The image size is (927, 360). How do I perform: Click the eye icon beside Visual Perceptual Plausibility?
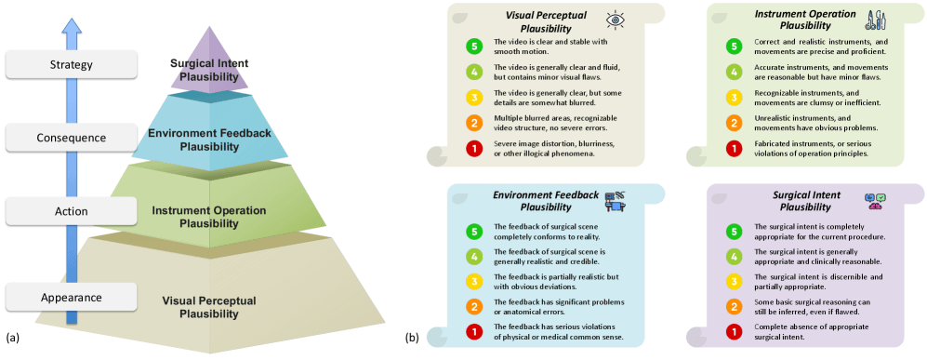616,20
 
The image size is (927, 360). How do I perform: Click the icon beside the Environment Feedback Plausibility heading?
616,200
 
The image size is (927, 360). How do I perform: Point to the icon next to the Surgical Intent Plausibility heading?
875,200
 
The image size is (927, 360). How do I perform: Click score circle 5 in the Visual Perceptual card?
475,46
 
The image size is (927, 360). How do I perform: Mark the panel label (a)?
11,337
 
